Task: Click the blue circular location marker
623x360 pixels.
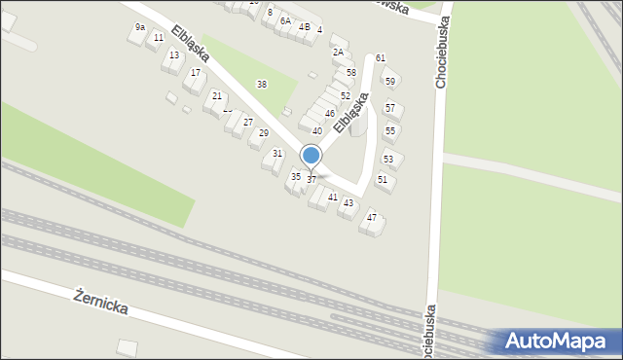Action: [x=311, y=156]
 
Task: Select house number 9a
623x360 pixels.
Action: [x=140, y=27]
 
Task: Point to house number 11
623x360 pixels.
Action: [x=159, y=38]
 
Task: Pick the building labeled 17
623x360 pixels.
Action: [x=196, y=73]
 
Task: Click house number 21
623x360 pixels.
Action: [x=217, y=95]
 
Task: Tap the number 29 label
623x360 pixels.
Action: [x=263, y=132]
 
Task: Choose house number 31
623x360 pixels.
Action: [x=277, y=154]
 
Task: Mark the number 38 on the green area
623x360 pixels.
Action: [x=261, y=85]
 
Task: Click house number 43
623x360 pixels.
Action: [x=348, y=202]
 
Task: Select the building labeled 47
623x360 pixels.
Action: [x=372, y=218]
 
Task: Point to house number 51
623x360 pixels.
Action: [x=383, y=180]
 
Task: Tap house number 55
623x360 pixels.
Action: [x=390, y=130]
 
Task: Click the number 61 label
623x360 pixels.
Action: [x=381, y=58]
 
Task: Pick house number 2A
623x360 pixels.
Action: [x=338, y=52]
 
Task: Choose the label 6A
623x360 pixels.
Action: [x=285, y=20]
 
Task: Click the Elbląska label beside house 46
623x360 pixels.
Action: [x=350, y=113]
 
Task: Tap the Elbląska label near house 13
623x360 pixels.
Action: [x=191, y=44]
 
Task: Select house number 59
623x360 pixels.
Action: [x=390, y=82]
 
